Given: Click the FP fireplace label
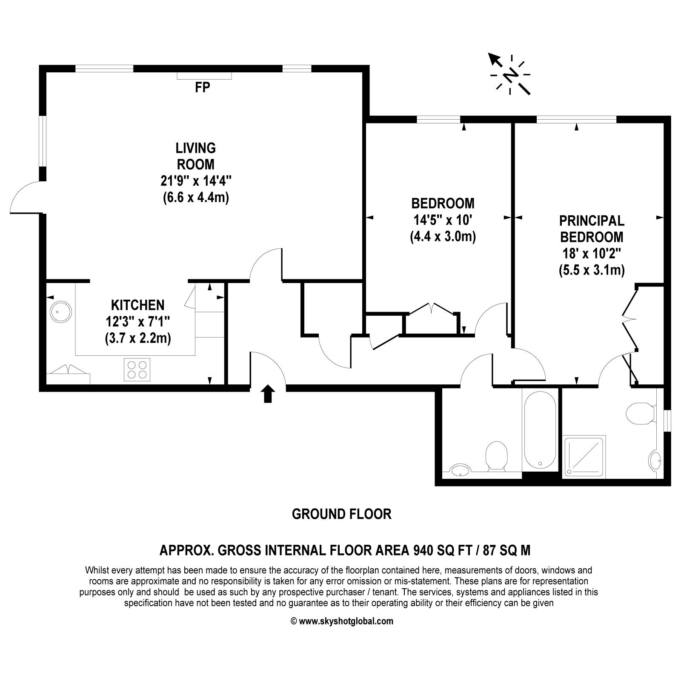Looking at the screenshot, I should (x=203, y=88).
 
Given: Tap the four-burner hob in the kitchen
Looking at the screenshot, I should (x=137, y=369).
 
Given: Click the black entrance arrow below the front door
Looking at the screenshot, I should (x=267, y=394).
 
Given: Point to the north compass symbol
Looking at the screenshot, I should (x=510, y=75).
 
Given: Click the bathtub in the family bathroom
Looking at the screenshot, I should (x=540, y=430).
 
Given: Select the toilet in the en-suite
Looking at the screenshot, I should (x=640, y=413).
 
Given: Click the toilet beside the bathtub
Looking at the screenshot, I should (x=497, y=455).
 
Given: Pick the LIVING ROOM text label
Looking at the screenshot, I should (x=196, y=156).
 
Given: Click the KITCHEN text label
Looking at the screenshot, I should (x=137, y=305).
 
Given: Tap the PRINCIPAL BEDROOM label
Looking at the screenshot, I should (x=592, y=229).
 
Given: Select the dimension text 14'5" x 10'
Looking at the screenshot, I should (x=443, y=220).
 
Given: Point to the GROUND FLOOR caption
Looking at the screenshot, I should (x=341, y=514).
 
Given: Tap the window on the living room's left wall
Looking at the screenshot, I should (x=42, y=140).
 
